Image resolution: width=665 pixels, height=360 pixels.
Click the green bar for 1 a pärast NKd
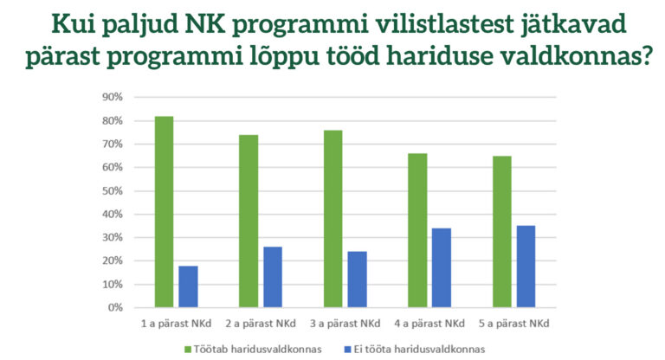[x=164, y=211]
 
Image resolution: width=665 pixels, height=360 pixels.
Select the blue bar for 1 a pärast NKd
[x=188, y=286]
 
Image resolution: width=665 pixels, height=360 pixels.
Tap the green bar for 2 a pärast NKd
[x=249, y=221]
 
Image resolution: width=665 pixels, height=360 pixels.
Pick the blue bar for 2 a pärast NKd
[x=273, y=276]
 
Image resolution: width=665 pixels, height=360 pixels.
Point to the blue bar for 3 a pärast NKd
[x=357, y=279]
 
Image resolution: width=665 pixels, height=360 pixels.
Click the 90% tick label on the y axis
[x=114, y=97]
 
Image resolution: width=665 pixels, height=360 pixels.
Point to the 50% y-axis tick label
[x=114, y=190]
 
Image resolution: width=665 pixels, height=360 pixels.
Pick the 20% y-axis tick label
[x=114, y=260]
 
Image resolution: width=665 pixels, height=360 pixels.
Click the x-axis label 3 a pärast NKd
[x=345, y=324]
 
